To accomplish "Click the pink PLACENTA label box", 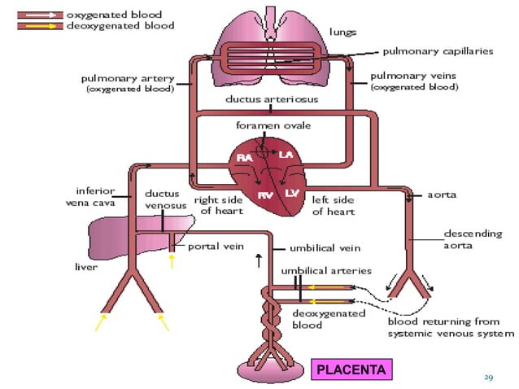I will pyautogui.click(x=351, y=370).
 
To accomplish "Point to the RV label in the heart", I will pyautogui.click(x=265, y=194).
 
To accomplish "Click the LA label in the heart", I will pyautogui.click(x=286, y=155).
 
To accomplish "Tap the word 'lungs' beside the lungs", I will pyautogui.click(x=343, y=32).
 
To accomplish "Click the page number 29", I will pyautogui.click(x=488, y=377).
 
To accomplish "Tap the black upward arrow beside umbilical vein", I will pyautogui.click(x=259, y=260).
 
